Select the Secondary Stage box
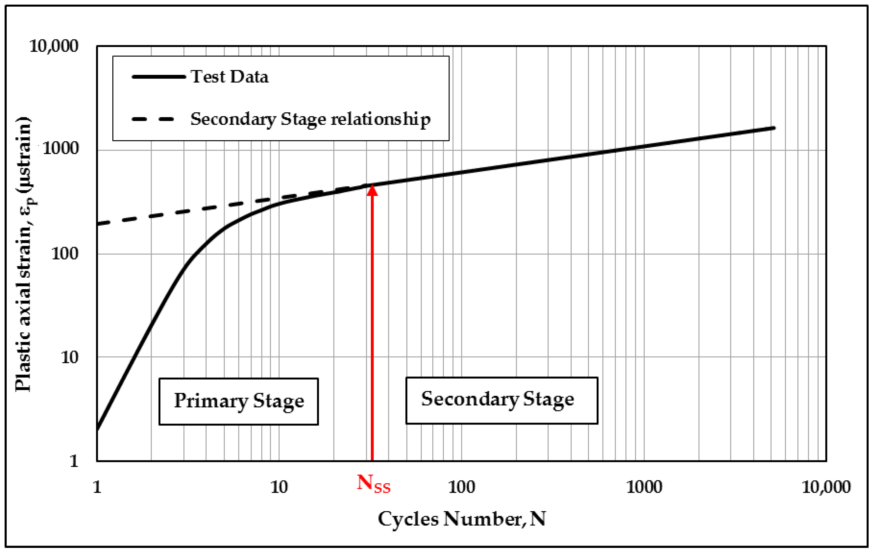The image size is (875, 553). pos(501,400)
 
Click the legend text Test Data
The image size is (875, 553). pos(230,77)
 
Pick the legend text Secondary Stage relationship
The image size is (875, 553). pos(310,119)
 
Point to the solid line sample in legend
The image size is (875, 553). pos(158,77)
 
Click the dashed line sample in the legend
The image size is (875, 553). pos(153,119)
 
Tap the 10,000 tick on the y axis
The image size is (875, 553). pos(54,46)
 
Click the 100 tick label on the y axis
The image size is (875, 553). pos(65,254)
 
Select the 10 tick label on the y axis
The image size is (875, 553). pos(69,358)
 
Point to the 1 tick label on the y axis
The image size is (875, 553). pos(74,461)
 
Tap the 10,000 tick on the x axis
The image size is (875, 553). pos(826,487)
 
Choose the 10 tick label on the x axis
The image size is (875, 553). pos(279,487)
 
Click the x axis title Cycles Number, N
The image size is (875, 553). pos(462,519)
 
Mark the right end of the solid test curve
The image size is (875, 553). pos(774,128)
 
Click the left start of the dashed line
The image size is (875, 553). pos(98,224)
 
